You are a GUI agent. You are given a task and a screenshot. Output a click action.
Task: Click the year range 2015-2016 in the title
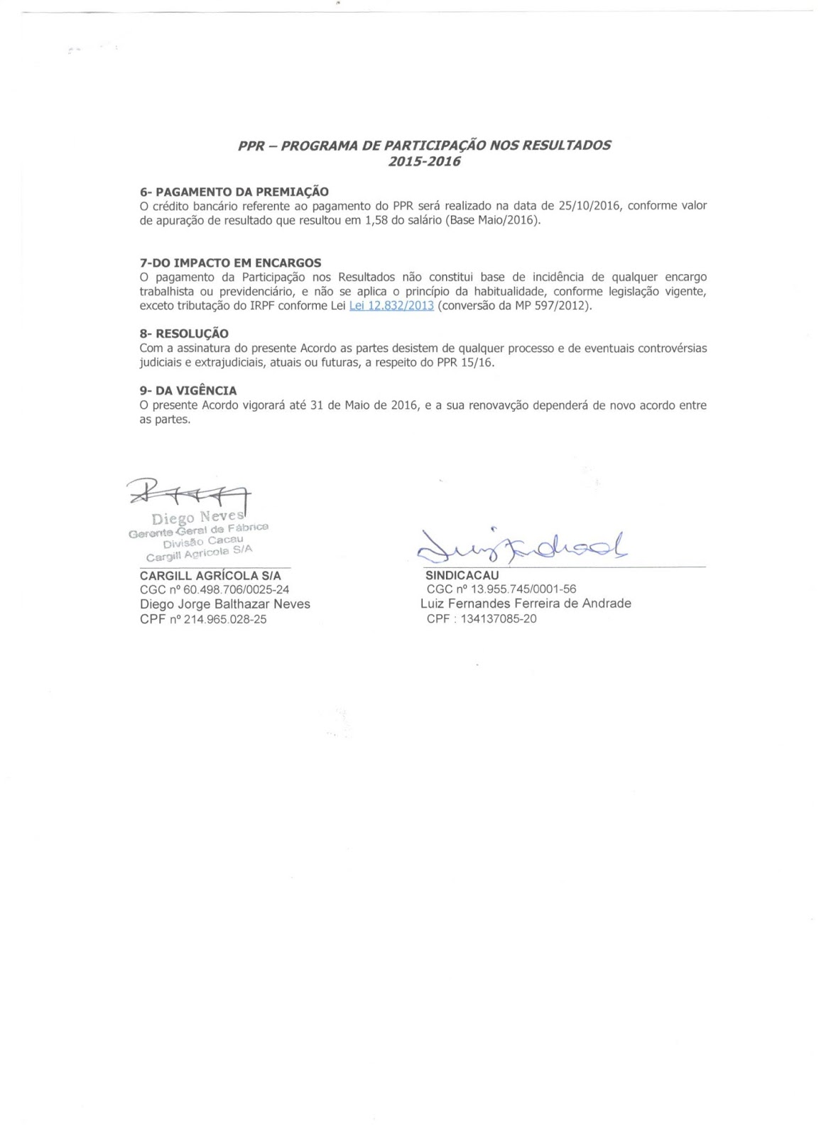coord(424,162)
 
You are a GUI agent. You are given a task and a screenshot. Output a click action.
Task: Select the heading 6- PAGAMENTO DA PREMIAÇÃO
coord(234,192)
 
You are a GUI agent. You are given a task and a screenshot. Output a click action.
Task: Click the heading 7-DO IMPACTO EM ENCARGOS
coord(230,263)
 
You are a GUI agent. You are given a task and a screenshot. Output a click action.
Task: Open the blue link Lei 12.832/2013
coord(391,306)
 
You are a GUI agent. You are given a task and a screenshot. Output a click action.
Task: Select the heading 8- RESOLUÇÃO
coord(184,334)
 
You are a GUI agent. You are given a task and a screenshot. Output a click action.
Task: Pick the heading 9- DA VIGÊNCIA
coord(188,390)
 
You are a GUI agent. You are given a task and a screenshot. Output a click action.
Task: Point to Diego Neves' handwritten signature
coord(188,491)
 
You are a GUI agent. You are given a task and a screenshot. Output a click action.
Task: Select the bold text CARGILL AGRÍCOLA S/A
coord(210,576)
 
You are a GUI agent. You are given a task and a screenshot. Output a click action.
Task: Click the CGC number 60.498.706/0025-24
coord(234,589)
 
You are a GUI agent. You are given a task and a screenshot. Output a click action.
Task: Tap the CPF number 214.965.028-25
coord(225,619)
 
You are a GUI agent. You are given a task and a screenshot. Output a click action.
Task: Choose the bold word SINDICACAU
coord(462,575)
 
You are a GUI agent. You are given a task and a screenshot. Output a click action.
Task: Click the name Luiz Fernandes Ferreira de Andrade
coord(526,603)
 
